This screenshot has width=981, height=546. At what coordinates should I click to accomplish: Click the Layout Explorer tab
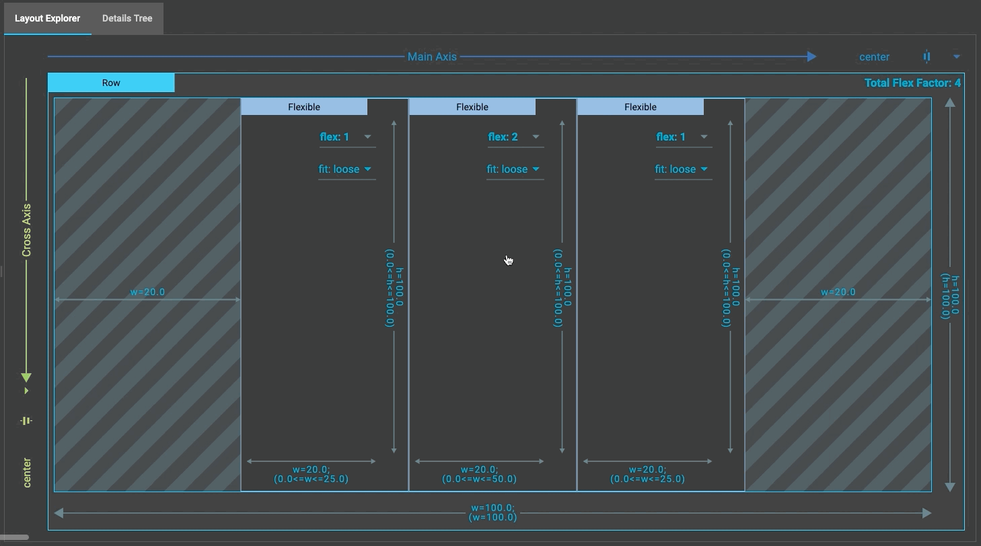pyautogui.click(x=47, y=18)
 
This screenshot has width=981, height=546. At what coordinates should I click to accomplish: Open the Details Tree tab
pyautogui.click(x=127, y=18)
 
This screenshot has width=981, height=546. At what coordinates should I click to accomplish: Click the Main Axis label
pyautogui.click(x=432, y=56)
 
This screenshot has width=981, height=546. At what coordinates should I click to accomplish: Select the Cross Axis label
pyautogui.click(x=27, y=230)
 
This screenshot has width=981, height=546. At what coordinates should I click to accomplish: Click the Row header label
pyautogui.click(x=111, y=83)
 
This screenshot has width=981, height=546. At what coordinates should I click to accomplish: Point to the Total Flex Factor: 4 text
pyautogui.click(x=912, y=83)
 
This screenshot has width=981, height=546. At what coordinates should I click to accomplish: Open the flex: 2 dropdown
pyautogui.click(x=515, y=137)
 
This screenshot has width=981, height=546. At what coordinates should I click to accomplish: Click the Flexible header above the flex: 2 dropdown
pyautogui.click(x=472, y=107)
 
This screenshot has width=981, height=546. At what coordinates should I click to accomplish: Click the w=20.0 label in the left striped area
pyautogui.click(x=147, y=292)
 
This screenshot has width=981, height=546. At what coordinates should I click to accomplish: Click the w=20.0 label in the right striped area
pyautogui.click(x=838, y=292)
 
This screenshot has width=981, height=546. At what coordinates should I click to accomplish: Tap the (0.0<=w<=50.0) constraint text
pyautogui.click(x=479, y=479)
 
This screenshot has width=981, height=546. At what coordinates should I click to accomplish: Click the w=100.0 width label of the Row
pyautogui.click(x=493, y=508)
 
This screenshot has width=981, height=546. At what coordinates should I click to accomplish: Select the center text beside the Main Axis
pyautogui.click(x=874, y=57)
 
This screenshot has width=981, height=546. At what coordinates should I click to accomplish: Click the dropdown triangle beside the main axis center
pyautogui.click(x=956, y=56)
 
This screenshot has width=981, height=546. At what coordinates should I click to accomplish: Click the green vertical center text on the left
pyautogui.click(x=27, y=472)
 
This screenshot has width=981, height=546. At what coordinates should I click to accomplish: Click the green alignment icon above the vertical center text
pyautogui.click(x=26, y=421)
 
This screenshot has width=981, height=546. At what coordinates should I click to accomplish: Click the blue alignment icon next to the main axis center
pyautogui.click(x=926, y=56)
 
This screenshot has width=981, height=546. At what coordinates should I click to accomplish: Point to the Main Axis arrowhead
pyautogui.click(x=811, y=56)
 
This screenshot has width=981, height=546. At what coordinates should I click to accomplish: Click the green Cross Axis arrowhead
pyautogui.click(x=26, y=377)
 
